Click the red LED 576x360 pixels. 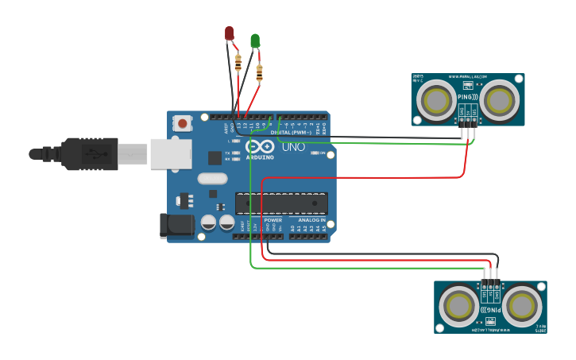pos(230,33)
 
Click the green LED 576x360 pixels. pos(255,41)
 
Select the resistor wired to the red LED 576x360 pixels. pos(238,62)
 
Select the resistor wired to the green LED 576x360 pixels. pos(260,73)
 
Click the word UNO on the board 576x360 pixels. pos(293,147)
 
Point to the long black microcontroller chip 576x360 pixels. pos(280,203)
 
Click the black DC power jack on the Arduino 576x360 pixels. pos(176,225)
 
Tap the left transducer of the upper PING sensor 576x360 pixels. pos(436,101)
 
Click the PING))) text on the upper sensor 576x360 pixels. pos(468,96)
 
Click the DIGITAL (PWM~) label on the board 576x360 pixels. pos(291,132)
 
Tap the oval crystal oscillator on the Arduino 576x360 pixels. pos(213,179)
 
